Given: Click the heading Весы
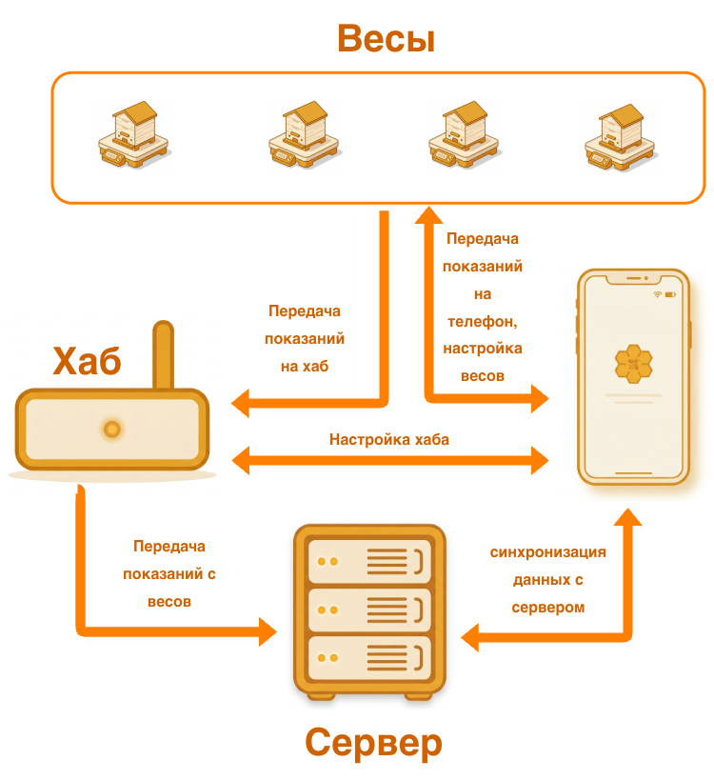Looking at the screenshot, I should (x=386, y=39).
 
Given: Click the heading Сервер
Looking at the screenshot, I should (x=373, y=742).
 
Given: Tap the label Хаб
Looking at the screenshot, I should (x=87, y=362).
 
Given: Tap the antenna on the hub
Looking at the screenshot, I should (x=164, y=356).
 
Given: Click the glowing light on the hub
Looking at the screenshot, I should (x=111, y=430).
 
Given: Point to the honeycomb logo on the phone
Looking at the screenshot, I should (x=633, y=362).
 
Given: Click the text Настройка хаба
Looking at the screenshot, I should (x=389, y=440).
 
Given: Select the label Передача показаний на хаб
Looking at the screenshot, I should (x=305, y=338).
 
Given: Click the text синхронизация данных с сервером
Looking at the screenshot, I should (x=548, y=579).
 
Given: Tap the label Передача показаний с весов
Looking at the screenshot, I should (x=169, y=574).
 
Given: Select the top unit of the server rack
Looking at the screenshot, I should (x=369, y=561).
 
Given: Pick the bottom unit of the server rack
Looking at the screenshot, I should (x=369, y=657).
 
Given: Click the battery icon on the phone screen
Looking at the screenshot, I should (x=670, y=294).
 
